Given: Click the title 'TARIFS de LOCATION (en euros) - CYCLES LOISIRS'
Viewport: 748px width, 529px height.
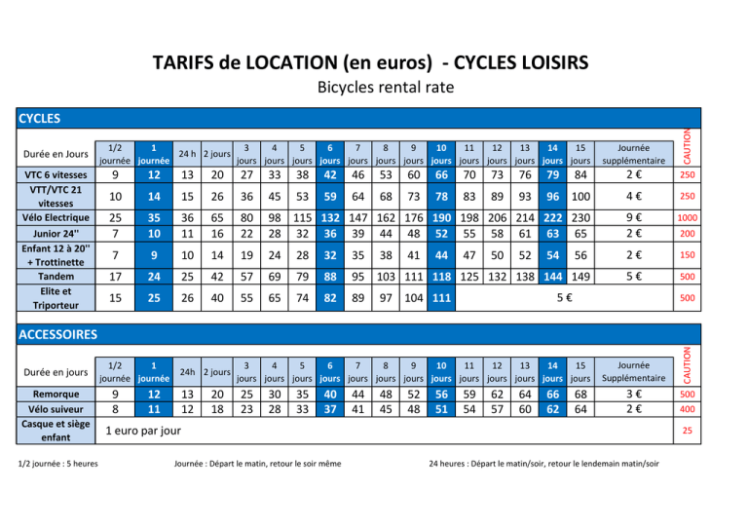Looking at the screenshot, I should [371, 63].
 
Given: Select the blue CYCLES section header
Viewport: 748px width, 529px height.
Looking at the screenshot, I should [39, 119].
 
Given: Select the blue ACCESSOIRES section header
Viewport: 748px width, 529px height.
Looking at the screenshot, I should [57, 334].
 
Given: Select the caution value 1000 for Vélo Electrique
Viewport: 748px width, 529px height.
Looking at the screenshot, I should [688, 218].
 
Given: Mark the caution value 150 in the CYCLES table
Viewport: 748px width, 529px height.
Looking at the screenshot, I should [688, 255].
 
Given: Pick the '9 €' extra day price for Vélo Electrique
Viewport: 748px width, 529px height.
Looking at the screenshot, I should [634, 216].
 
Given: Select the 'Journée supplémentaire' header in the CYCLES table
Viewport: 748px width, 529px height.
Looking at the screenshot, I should [634, 153].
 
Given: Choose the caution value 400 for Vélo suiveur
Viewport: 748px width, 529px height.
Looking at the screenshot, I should [688, 411].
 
